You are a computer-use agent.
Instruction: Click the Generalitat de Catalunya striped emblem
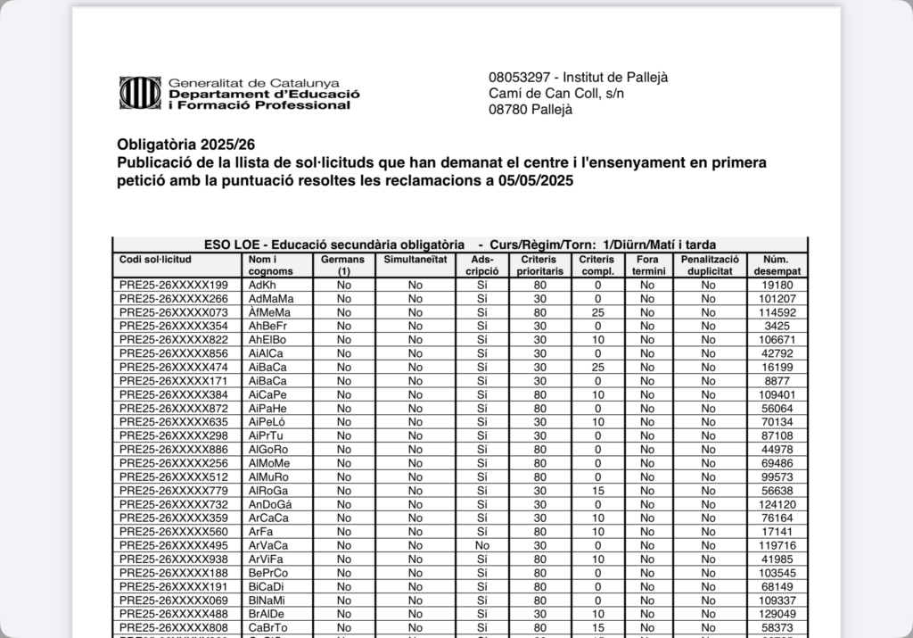coord(140,92)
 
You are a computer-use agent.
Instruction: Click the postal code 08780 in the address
coord(507,110)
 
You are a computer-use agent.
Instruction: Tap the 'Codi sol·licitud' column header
coord(155,260)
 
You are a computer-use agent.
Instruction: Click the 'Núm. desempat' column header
coord(777,265)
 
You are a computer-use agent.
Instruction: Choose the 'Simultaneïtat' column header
coord(415,260)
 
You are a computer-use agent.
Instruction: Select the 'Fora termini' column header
coord(647,265)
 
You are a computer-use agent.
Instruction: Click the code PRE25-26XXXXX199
coord(173,286)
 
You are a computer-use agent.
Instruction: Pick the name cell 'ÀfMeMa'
coord(269,312)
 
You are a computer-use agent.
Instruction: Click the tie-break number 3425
coord(777,327)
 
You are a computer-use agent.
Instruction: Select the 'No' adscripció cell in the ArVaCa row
coord(482,545)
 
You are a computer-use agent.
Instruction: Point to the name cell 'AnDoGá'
coord(270,504)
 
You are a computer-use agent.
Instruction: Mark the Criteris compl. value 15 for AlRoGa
coord(597,491)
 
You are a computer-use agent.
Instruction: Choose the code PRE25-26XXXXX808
coord(173,627)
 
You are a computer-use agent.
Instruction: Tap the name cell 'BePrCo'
coord(268,573)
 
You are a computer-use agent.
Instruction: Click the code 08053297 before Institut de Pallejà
coord(519,78)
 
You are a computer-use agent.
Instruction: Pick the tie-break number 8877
coord(777,381)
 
